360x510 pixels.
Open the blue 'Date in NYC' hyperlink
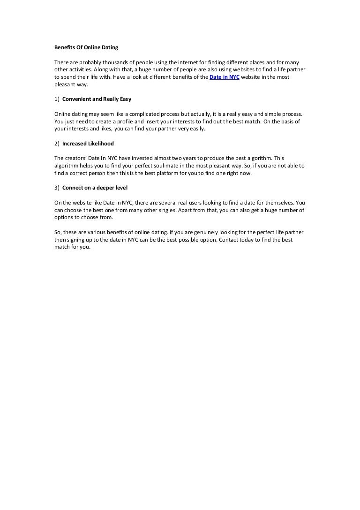(224, 77)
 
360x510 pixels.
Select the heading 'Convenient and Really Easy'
(97, 99)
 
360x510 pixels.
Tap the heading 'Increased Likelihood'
(88, 144)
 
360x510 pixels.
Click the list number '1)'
(57, 99)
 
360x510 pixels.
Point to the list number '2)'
(57, 144)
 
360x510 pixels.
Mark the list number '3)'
(57, 188)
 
